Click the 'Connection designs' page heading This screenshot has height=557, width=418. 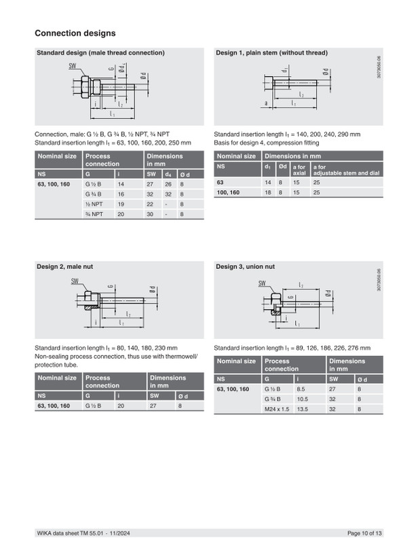tap(75, 33)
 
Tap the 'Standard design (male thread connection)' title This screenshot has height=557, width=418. tap(101, 52)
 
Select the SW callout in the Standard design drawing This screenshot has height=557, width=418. tap(73, 66)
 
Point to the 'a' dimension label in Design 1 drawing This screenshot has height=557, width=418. tap(266, 103)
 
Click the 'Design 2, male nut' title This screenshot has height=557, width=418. tap(65, 266)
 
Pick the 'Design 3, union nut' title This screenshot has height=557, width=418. tap(245, 266)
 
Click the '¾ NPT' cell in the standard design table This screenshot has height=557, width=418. tap(94, 214)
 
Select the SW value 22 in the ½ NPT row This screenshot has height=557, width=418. tap(150, 204)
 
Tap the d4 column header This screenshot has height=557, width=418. tap(168, 175)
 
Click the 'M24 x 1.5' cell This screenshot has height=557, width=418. tap(277, 409)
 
